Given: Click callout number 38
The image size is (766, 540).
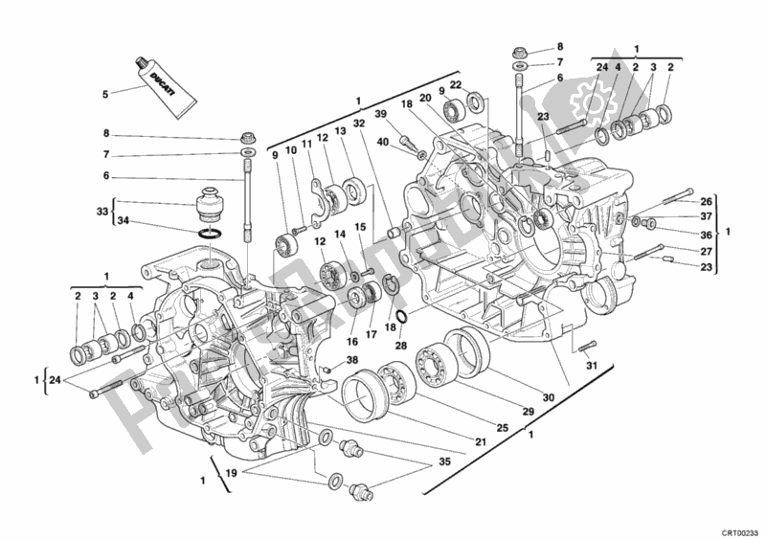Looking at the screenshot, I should (x=353, y=359).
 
